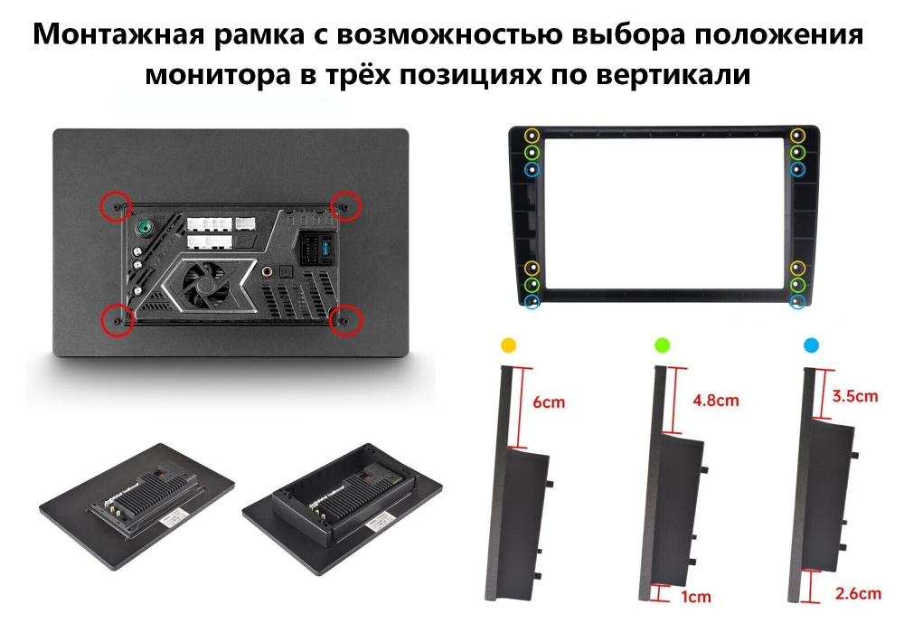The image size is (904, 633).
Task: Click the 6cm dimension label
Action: [550, 402]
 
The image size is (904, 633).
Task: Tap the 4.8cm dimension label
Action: [714, 400]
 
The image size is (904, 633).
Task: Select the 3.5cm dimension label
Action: [854, 396]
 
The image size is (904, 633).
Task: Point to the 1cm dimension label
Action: [697, 596]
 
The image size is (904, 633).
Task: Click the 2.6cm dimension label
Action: [857, 594]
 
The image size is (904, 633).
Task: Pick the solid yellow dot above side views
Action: [508, 345]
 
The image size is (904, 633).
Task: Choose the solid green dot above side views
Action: [661, 345]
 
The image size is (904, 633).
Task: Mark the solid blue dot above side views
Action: [811, 345]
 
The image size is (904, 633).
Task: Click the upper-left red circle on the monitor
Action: [114, 206]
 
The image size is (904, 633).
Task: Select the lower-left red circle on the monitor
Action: [115, 318]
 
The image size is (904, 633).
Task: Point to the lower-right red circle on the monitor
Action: [346, 319]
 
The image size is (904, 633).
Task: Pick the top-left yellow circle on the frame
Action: [532, 136]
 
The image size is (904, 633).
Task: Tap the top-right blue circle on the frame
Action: [796, 169]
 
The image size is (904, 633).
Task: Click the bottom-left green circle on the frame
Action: [532, 284]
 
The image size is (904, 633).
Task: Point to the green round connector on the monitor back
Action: [143, 227]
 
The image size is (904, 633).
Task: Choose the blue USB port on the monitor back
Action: [323, 247]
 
